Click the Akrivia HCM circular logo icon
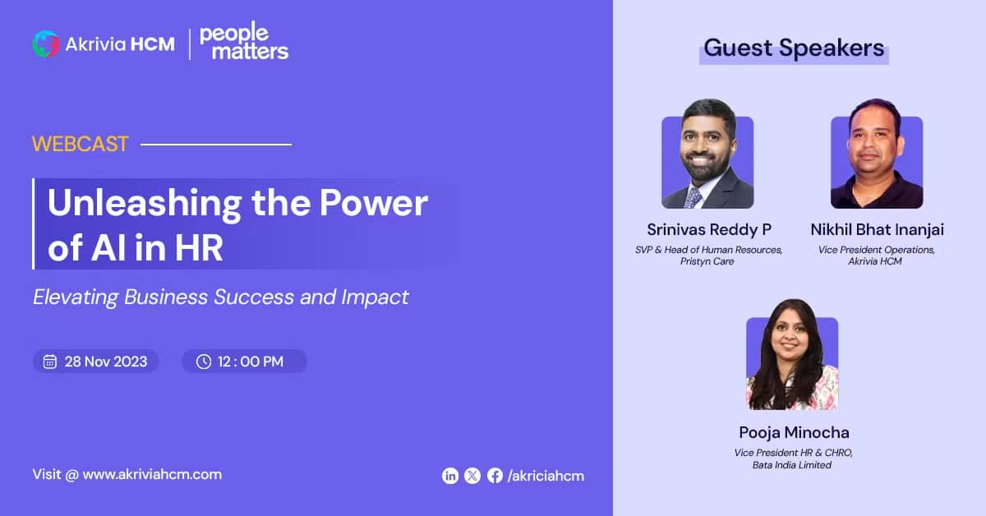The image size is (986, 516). pyautogui.click(x=46, y=44)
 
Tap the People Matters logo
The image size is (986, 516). pyautogui.click(x=244, y=40)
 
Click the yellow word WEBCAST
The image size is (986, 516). pyautogui.click(x=80, y=144)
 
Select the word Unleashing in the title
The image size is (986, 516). pyautogui.click(x=145, y=204)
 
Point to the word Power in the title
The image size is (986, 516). pyautogui.click(x=373, y=202)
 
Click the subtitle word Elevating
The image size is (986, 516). pyautogui.click(x=76, y=297)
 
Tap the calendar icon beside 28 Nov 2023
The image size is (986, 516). pyautogui.click(x=50, y=362)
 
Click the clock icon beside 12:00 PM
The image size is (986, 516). pyautogui.click(x=204, y=362)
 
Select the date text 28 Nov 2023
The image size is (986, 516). pyautogui.click(x=106, y=362)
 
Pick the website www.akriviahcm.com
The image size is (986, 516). pyautogui.click(x=152, y=474)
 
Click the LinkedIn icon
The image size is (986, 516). pyautogui.click(x=450, y=476)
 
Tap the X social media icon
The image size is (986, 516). pyautogui.click(x=472, y=476)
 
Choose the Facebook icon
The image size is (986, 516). pyautogui.click(x=495, y=476)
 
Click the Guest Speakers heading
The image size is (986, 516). pyautogui.click(x=794, y=48)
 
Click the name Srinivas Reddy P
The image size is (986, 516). pyautogui.click(x=709, y=230)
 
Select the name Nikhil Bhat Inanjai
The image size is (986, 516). pyautogui.click(x=877, y=229)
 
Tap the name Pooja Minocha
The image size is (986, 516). pyautogui.click(x=794, y=432)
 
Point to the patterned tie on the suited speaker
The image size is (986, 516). pyautogui.click(x=693, y=198)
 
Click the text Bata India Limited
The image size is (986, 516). pyautogui.click(x=792, y=465)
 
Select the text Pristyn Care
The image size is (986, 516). pyautogui.click(x=707, y=261)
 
